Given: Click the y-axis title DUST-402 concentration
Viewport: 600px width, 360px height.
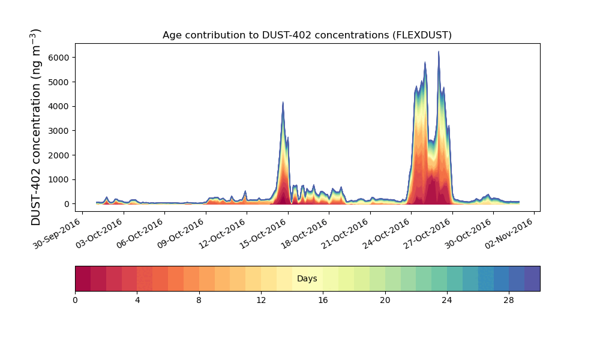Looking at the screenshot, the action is (x=35, y=152).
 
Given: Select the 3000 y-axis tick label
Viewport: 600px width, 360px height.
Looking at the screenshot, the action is (x=59, y=131).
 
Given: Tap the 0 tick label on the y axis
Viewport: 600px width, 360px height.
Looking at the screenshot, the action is (x=67, y=204).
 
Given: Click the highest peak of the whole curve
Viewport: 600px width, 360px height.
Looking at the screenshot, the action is (x=439, y=52).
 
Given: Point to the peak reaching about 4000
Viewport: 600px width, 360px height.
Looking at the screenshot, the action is (x=283, y=102).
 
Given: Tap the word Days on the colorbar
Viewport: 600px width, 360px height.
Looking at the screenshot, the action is (x=307, y=278).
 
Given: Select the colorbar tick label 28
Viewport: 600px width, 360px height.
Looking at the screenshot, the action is (x=509, y=301).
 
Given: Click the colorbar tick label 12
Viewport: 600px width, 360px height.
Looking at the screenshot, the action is (x=261, y=301).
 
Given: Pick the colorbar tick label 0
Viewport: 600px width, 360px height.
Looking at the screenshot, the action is (x=75, y=301).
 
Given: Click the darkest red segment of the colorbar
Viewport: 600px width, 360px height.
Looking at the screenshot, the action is (x=83, y=279).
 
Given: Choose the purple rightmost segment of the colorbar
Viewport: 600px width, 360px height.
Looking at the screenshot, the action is (x=532, y=279).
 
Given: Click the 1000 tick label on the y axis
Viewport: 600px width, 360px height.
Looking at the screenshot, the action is (x=59, y=180).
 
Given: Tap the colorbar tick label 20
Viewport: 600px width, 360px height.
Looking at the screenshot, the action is (x=385, y=301).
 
